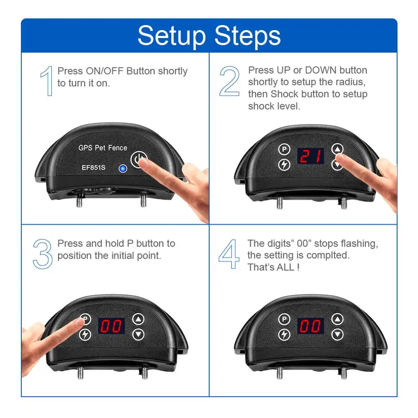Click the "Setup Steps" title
[x=209, y=36]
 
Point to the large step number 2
[x=229, y=81]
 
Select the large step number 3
[x=43, y=254]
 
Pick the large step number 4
[x=229, y=254]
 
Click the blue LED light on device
[x=123, y=168]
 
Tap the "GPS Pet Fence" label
[x=103, y=148]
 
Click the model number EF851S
[x=93, y=168]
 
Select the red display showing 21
[x=311, y=156]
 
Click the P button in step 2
[x=284, y=149]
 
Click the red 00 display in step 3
[x=112, y=326]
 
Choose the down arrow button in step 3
[x=138, y=334]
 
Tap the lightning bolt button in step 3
[x=85, y=334]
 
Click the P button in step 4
[x=284, y=319]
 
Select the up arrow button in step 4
[x=337, y=319]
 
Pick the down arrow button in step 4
[x=337, y=334]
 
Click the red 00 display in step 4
[x=311, y=326]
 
